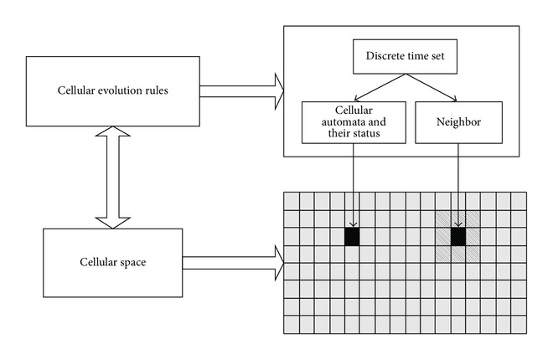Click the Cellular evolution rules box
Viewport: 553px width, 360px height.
[113, 91]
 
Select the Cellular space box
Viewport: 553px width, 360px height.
[113, 263]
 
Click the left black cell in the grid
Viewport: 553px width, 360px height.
[352, 237]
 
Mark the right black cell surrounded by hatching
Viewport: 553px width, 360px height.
[458, 237]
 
